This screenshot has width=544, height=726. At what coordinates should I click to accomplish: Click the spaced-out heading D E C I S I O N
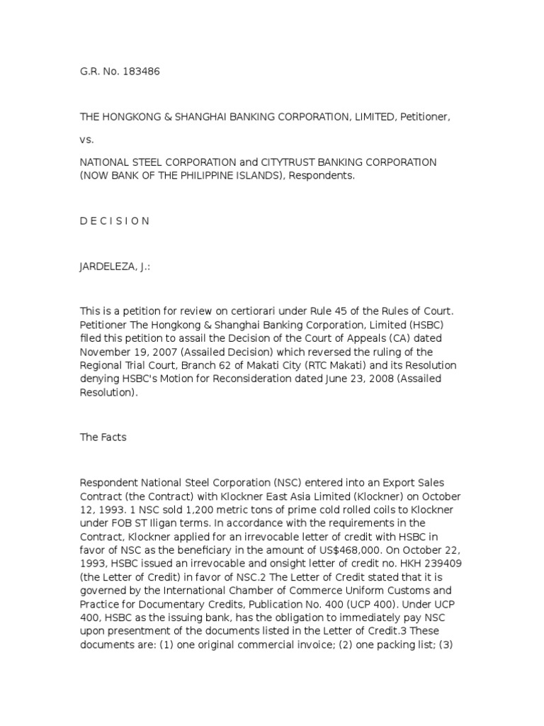pyautogui.click(x=115, y=220)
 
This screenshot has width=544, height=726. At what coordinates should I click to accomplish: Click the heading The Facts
pyautogui.click(x=103, y=437)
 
